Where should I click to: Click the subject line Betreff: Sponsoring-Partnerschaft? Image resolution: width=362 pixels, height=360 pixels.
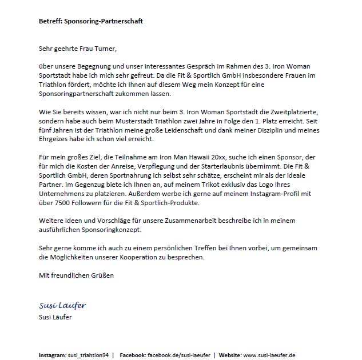click(x=90, y=21)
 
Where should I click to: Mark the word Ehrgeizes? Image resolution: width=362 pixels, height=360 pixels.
click(x=54, y=140)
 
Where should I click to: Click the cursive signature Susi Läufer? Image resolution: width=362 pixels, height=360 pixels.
click(x=62, y=306)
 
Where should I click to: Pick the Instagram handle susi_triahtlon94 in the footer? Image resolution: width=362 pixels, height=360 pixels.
click(x=88, y=355)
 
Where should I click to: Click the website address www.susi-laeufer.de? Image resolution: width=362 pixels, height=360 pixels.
click(x=269, y=355)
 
